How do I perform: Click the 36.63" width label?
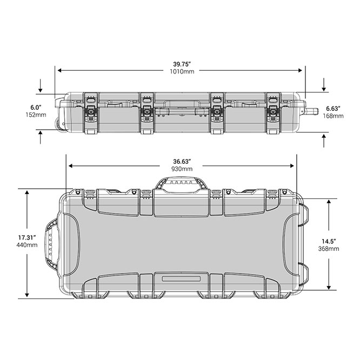point(182,161)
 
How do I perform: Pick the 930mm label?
point(182,169)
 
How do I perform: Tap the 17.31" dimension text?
point(26,237)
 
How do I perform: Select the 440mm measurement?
point(27,245)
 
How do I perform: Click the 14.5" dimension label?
point(330,241)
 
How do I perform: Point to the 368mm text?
point(330,249)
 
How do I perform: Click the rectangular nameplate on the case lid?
point(181,279)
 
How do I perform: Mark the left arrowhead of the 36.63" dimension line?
point(68,165)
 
